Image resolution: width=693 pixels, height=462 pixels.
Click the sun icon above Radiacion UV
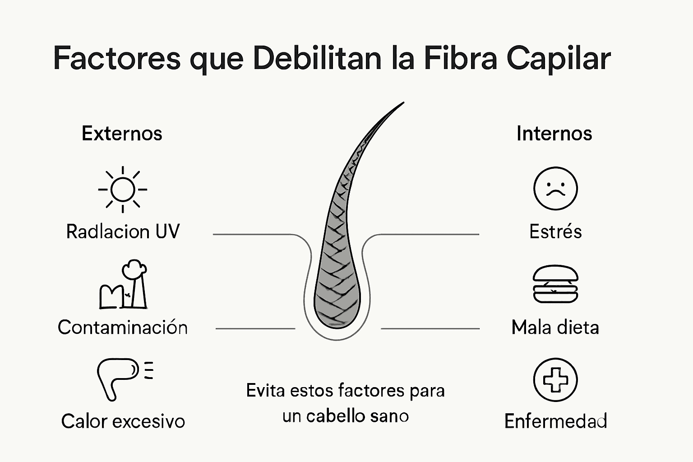point(122,189)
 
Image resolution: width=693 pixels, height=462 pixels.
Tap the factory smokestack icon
point(123,285)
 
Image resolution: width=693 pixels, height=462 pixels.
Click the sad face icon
point(555,189)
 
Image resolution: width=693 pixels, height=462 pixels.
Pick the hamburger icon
point(555,284)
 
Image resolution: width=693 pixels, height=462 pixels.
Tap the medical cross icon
point(555,380)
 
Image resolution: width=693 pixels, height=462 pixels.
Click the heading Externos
point(122,134)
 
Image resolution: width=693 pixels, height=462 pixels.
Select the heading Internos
point(554,134)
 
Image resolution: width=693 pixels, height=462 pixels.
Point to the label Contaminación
point(123,327)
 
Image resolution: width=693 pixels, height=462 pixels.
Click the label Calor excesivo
point(123,421)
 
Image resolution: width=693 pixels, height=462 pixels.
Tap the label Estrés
point(555,231)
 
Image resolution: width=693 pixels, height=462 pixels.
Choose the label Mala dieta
point(555,327)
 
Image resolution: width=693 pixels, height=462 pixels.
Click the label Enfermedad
point(555,421)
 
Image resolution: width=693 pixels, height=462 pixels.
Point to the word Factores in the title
point(117,59)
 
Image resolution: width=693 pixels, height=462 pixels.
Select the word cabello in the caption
point(331,416)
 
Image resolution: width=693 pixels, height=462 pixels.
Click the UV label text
point(167,231)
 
